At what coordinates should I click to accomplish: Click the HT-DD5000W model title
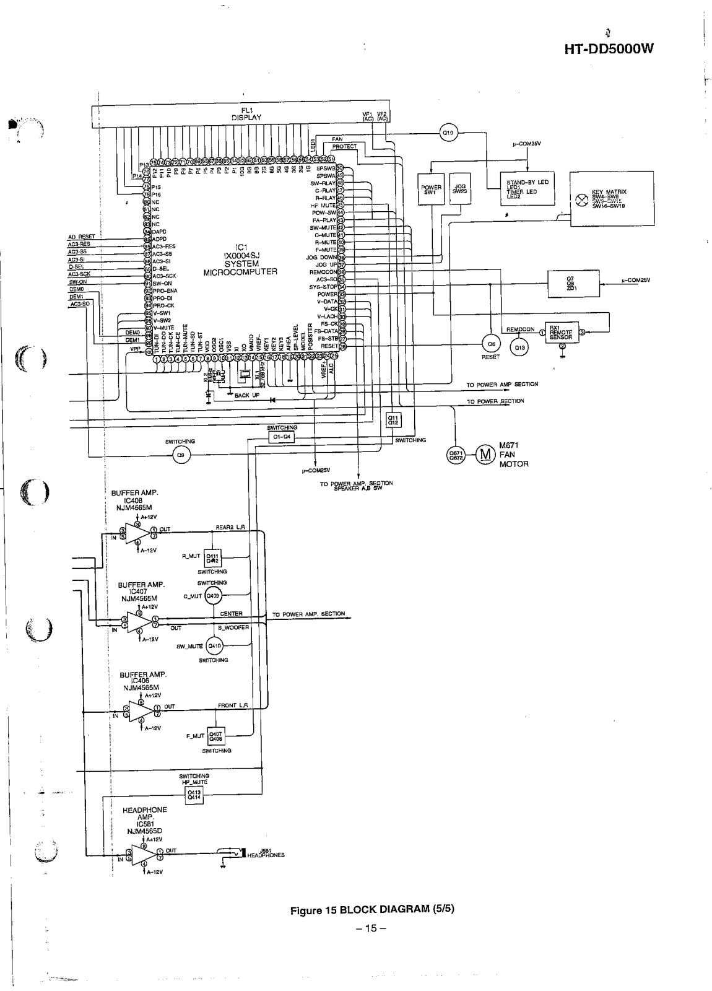609,49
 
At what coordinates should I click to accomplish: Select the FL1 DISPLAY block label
246,114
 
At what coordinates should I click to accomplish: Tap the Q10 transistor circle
448,131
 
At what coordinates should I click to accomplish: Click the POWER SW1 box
431,190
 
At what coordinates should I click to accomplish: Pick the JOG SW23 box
459,190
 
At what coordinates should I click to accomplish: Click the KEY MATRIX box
611,199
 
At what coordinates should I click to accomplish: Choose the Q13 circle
520,347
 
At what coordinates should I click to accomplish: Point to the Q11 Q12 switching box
393,420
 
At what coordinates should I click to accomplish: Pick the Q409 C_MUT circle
213,596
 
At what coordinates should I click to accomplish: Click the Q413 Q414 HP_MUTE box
194,795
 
